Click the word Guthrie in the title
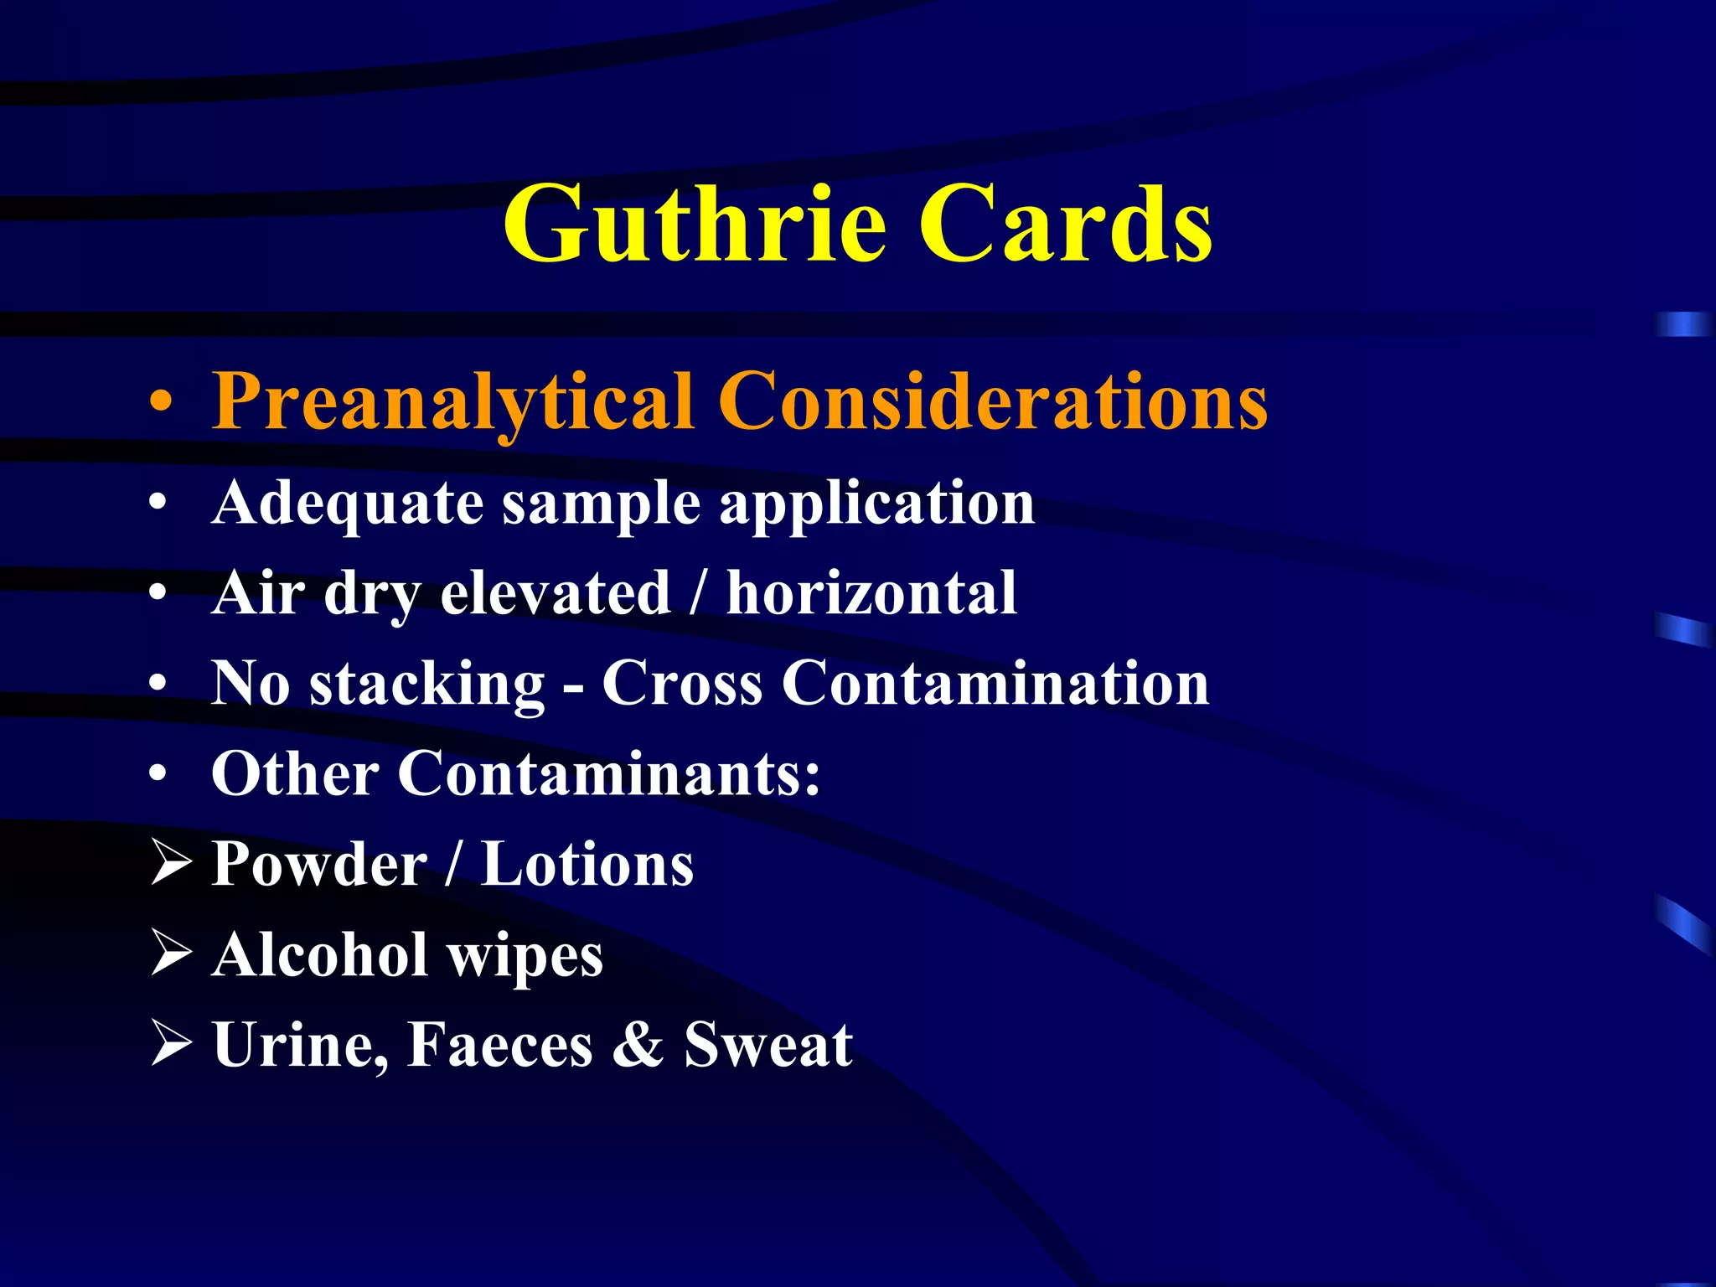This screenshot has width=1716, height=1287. (694, 225)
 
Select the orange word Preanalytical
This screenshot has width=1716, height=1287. (452, 402)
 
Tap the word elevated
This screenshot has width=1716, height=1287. (555, 593)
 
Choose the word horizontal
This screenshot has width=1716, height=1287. (871, 593)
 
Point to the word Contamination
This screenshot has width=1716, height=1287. (995, 683)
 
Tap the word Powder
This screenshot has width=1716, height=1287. (319, 864)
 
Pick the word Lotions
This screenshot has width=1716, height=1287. (587, 864)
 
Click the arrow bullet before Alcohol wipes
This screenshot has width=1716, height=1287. (172, 954)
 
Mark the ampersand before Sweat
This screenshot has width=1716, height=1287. (638, 1045)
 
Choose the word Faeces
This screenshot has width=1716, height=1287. (500, 1045)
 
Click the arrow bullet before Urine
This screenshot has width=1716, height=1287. (172, 1044)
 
